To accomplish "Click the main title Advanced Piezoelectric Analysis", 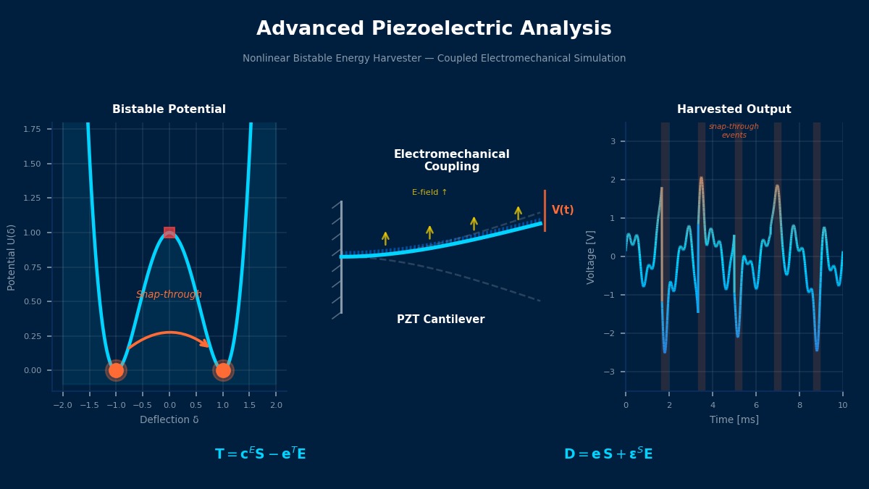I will point(434,29).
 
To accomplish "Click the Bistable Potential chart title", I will point(169,109).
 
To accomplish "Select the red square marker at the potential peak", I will point(169,233).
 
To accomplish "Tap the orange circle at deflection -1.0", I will point(116,370).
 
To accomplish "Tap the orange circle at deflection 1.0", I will point(223,370).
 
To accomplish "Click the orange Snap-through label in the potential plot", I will point(169,295).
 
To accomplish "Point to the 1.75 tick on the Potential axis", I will point(31,129).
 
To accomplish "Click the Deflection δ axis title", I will point(169,420).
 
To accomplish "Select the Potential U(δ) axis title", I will point(12,257).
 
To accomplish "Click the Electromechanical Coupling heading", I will point(451,161).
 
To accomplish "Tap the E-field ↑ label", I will point(429,193).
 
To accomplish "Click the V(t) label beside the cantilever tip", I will point(563,210).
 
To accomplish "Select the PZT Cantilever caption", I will point(440,319).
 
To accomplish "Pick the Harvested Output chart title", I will point(734,109).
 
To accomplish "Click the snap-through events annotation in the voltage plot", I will point(734,131).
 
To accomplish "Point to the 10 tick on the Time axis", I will point(842,405).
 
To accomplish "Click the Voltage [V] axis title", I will point(591,257).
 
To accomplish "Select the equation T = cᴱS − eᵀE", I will point(260,454).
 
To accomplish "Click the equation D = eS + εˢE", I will point(608,454).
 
